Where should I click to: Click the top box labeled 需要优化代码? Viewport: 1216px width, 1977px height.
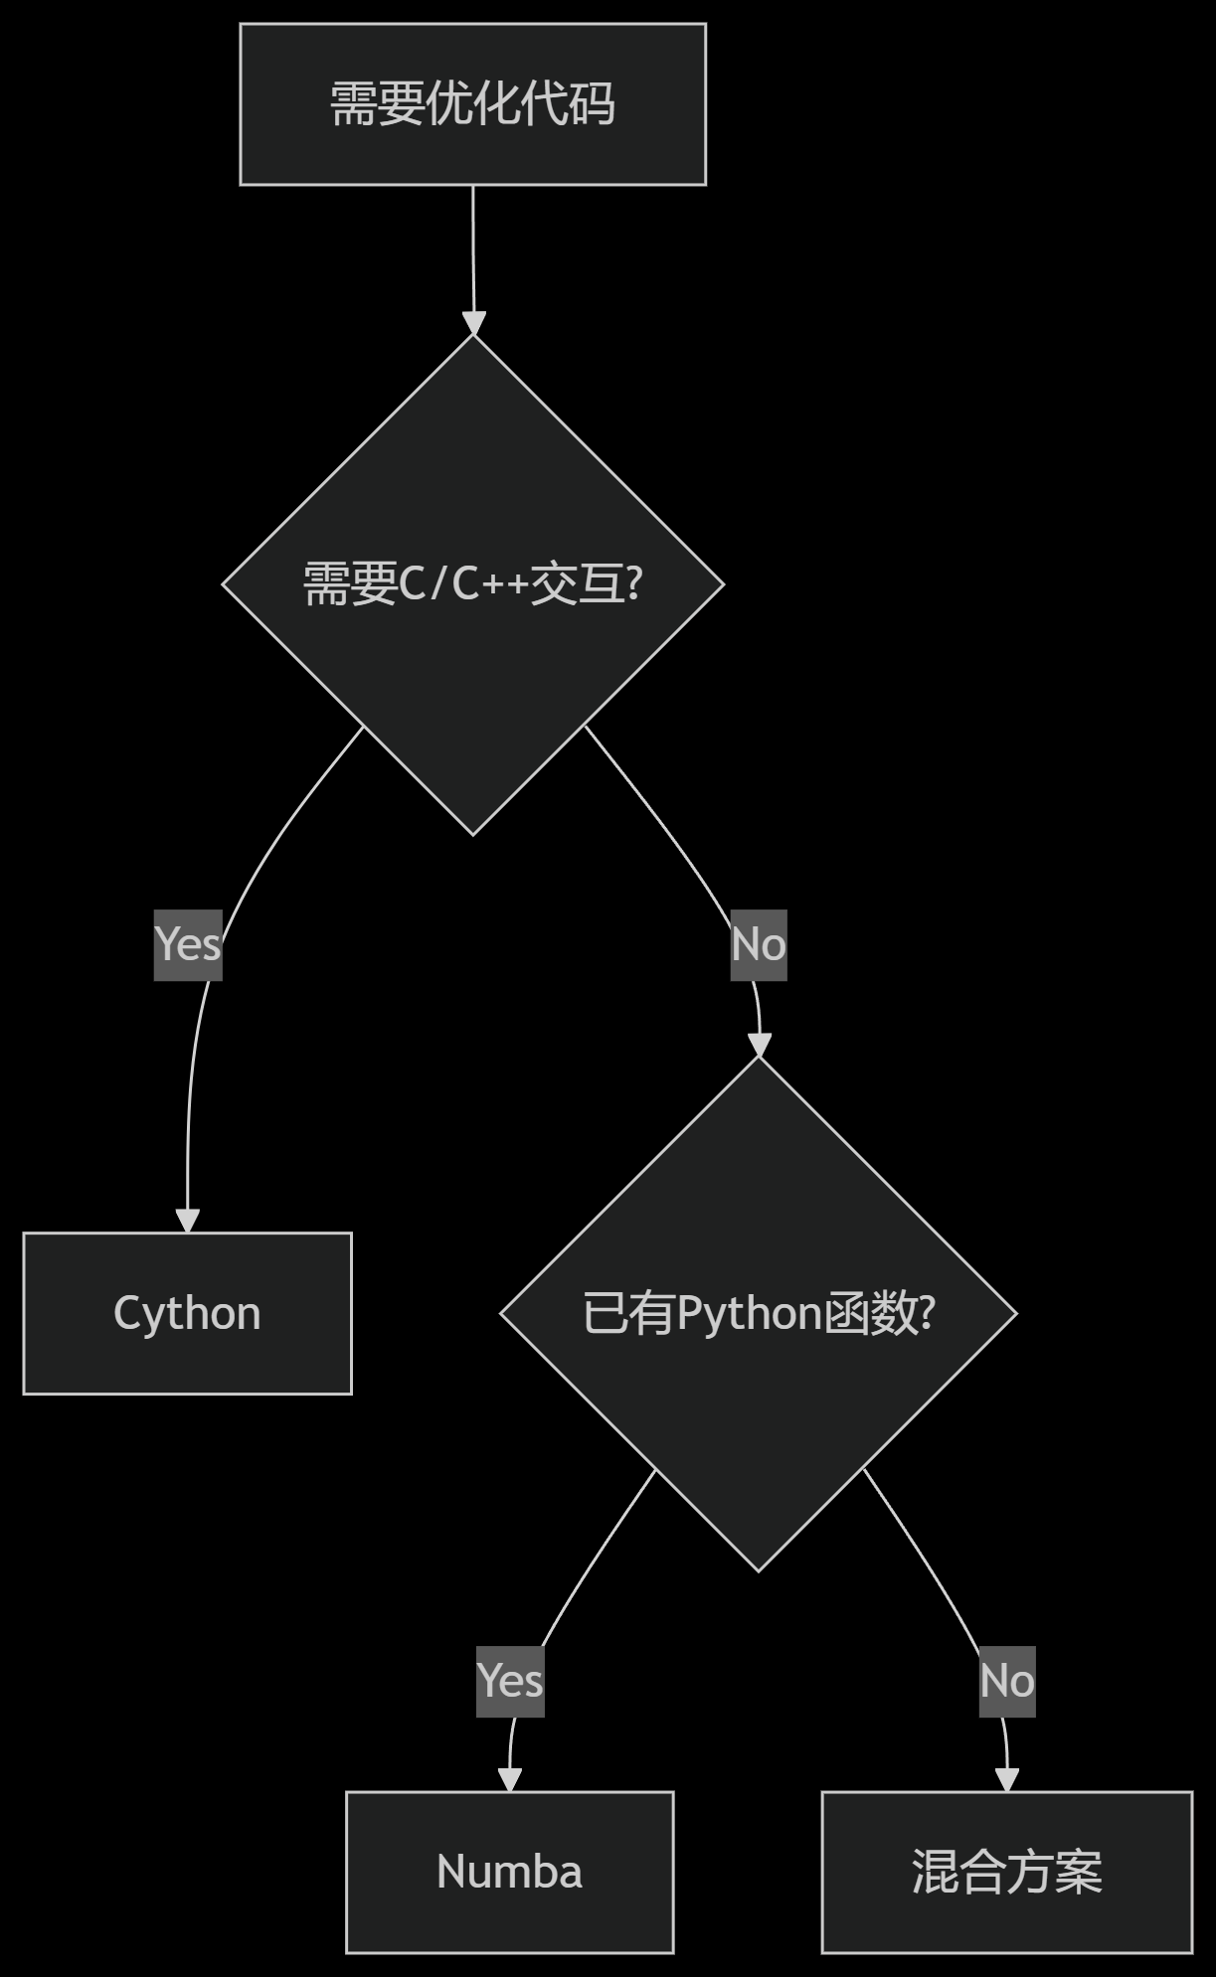coord(472,104)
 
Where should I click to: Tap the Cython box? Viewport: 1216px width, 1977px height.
coord(187,1313)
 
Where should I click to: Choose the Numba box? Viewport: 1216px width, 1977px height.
coord(509,1872)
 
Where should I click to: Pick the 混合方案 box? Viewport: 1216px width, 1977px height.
coord(1006,1872)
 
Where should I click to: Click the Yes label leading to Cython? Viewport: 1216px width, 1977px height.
coord(188,944)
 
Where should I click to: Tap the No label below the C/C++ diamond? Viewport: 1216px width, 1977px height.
coord(759,944)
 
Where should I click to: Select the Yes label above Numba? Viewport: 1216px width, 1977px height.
coord(510,1681)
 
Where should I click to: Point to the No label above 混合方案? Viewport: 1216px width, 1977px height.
coord(1007,1681)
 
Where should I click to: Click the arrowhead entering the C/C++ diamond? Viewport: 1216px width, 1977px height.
coord(474,324)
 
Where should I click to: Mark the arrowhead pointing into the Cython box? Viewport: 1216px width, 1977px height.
coord(188,1221)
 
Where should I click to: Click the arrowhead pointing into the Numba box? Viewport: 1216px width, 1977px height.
coord(509,1780)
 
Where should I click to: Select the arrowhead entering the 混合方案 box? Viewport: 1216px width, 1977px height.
coord(1007,1780)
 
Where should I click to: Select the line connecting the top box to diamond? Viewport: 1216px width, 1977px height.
coord(473,248)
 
